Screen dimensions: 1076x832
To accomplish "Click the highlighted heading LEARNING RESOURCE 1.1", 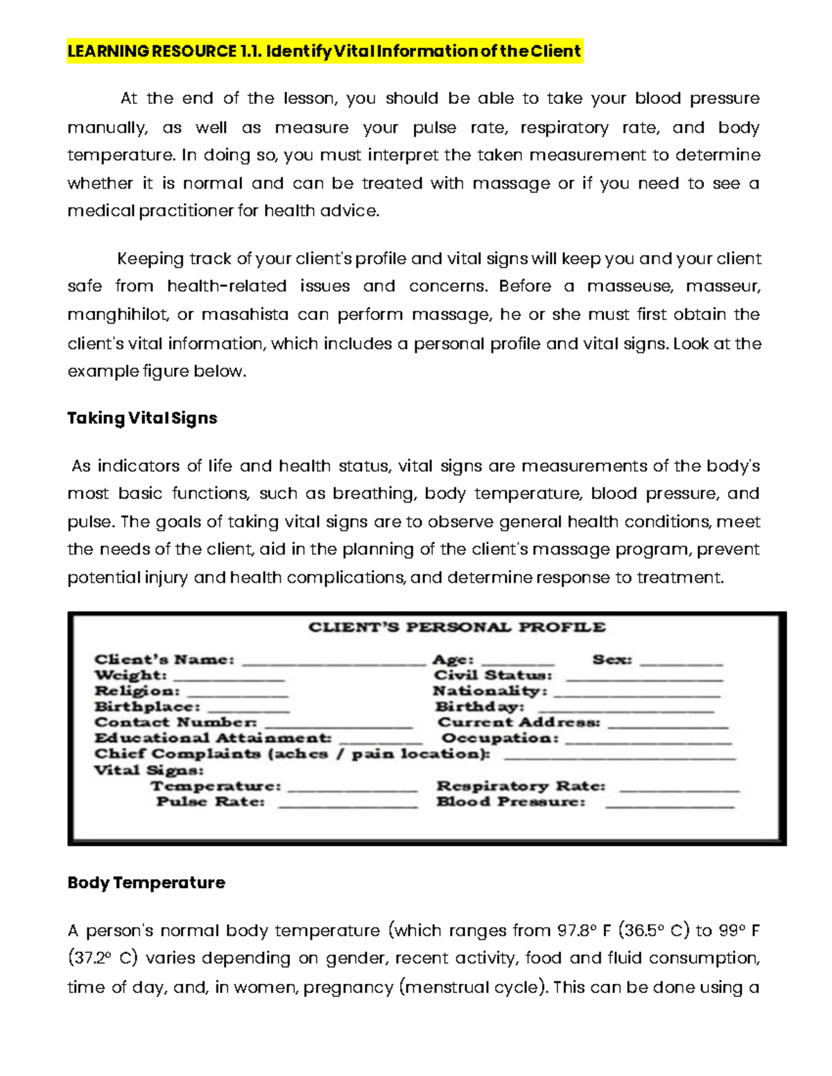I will click(x=324, y=51).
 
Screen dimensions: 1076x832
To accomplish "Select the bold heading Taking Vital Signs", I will click(x=142, y=418).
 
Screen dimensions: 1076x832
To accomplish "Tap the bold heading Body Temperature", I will click(x=146, y=882).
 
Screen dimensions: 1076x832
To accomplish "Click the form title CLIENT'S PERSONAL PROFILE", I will click(x=457, y=627).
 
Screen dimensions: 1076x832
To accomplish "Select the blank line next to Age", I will click(x=517, y=662).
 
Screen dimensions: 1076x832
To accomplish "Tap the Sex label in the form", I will click(x=612, y=660).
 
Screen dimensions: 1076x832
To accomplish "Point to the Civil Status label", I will click(x=493, y=675).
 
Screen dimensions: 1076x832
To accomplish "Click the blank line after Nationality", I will click(x=637, y=694).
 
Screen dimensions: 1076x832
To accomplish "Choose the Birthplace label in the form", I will click(x=147, y=707).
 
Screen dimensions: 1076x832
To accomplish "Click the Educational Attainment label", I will click(x=213, y=738).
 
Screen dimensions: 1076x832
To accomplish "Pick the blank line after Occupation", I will click(x=648, y=741).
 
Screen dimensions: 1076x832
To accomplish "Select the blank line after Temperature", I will click(x=352, y=788).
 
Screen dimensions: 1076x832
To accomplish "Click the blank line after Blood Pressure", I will click(x=669, y=805).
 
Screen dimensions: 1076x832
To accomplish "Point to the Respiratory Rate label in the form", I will click(x=521, y=786).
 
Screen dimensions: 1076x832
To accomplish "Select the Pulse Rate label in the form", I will click(x=211, y=802).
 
